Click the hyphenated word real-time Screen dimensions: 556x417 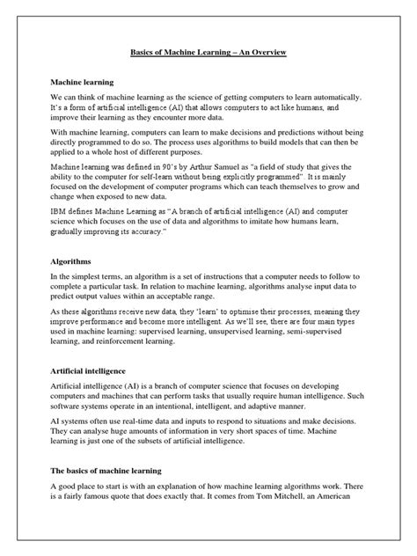point(161,433)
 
